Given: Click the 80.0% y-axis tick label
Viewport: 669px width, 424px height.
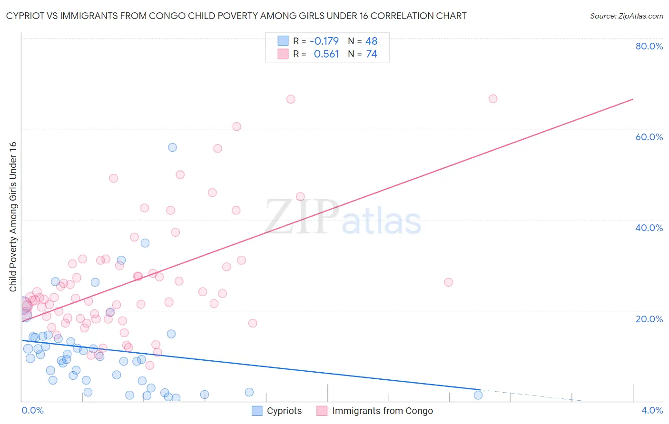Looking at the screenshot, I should (x=649, y=46).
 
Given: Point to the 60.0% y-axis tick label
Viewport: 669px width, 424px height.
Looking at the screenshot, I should (x=649, y=137).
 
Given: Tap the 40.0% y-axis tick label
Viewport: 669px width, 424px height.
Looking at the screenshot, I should (x=649, y=228).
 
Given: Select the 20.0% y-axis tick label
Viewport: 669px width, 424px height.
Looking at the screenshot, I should (x=649, y=318).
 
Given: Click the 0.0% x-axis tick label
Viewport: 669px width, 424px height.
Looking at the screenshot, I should (x=32, y=410).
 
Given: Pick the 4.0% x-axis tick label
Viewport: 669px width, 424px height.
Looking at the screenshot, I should (x=652, y=410).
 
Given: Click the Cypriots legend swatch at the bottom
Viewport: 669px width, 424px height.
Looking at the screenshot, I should (x=257, y=411).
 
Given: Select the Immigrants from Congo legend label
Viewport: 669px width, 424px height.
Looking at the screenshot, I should (x=383, y=411).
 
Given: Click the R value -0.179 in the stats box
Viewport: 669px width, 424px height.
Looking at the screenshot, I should (x=324, y=41).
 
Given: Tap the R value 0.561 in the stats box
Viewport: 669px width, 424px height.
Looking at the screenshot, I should (x=326, y=54).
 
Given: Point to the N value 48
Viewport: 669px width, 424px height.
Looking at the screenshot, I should (x=371, y=41).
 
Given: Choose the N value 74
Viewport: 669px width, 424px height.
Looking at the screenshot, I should (x=371, y=54).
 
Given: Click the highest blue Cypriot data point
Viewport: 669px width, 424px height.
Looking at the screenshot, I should (x=172, y=147).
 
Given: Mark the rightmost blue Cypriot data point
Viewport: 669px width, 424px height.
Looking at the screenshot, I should (x=478, y=395).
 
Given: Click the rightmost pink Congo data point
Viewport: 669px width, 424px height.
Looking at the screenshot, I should (x=493, y=99).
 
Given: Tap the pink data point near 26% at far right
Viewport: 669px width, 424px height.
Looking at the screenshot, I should (x=448, y=282).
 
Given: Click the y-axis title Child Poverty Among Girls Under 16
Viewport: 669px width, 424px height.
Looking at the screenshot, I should (x=13, y=217).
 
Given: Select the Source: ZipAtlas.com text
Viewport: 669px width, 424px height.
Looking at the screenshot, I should (x=626, y=16).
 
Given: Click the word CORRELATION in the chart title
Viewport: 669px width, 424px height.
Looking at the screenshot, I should (x=401, y=16).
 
